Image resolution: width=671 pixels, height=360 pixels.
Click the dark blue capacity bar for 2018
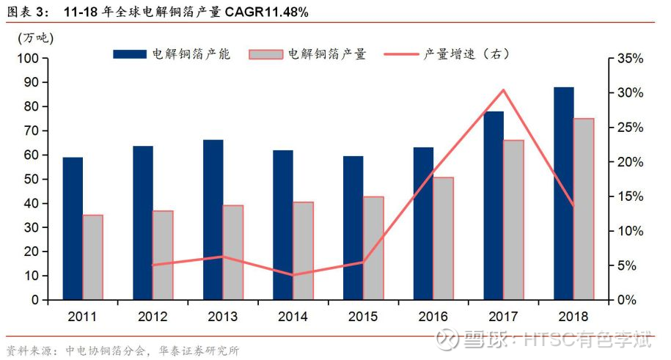click(564, 194)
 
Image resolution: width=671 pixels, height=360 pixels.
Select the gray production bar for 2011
click(93, 257)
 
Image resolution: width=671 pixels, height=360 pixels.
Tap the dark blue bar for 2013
click(213, 220)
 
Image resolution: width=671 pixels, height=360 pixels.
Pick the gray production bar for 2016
click(444, 238)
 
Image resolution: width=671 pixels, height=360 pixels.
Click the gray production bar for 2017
click(513, 220)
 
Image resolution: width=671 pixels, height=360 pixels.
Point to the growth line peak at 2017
click(504, 90)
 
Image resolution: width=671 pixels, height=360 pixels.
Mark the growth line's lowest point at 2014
click(293, 275)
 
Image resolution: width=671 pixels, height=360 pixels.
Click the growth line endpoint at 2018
click(573, 206)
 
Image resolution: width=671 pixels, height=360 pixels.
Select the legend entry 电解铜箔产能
click(172, 54)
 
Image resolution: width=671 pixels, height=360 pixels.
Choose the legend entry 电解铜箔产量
click(308, 54)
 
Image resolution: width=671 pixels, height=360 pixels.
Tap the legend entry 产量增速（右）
click(447, 54)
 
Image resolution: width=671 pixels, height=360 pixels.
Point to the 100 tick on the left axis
click(29, 58)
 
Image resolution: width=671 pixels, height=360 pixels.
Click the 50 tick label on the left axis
click(32, 179)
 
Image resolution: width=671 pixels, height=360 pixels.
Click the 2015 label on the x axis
click(363, 317)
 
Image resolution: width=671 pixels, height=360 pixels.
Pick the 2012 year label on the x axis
click(153, 317)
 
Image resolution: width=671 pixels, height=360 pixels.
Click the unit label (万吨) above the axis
click(35, 38)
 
